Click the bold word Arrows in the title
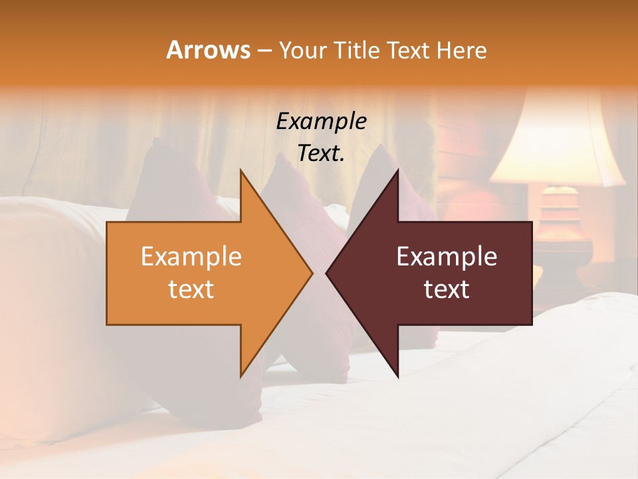[208, 50]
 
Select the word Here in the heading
[462, 50]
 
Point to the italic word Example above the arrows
[322, 121]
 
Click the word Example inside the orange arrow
[191, 257]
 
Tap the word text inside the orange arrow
[191, 289]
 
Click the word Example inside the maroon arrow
[447, 257]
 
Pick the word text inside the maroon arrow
[447, 289]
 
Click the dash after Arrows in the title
[264, 51]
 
